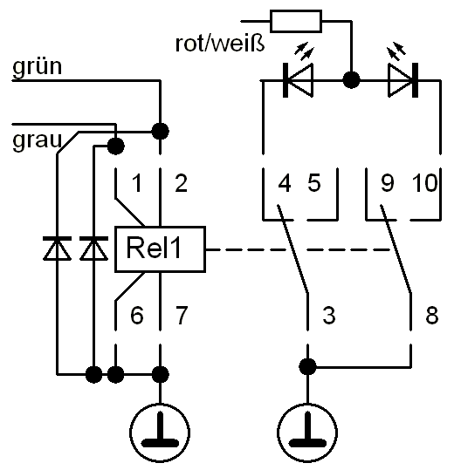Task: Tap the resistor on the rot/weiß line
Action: [x=296, y=21]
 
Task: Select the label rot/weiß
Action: [x=220, y=44]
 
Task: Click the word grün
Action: [x=38, y=66]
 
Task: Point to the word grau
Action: [x=37, y=140]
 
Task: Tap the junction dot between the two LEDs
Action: [x=351, y=80]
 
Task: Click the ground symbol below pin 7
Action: [x=160, y=433]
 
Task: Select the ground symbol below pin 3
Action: [x=307, y=433]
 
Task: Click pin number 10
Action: [x=425, y=183]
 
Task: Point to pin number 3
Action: [x=329, y=315]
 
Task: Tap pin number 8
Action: [x=432, y=315]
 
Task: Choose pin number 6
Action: [x=137, y=315]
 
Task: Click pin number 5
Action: [x=314, y=183]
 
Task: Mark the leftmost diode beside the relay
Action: [x=57, y=249]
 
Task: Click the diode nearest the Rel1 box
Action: [x=94, y=249]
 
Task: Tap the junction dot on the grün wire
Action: [x=161, y=132]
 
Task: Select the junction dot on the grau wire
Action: [x=115, y=146]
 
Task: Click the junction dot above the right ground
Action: [x=307, y=366]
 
